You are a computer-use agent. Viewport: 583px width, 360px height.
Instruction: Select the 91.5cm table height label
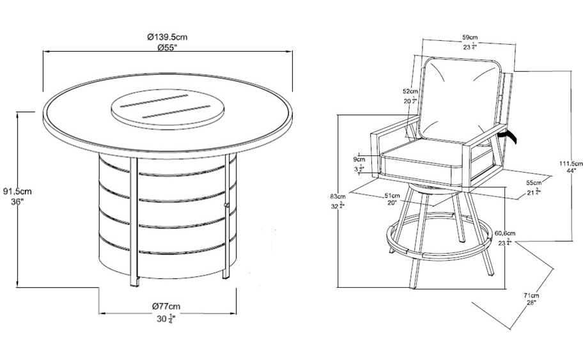pyautogui.click(x=17, y=191)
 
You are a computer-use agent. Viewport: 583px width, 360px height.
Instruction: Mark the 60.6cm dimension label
pyautogui.click(x=504, y=234)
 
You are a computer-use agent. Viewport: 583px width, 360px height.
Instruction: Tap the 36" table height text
pyautogui.click(x=17, y=202)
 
